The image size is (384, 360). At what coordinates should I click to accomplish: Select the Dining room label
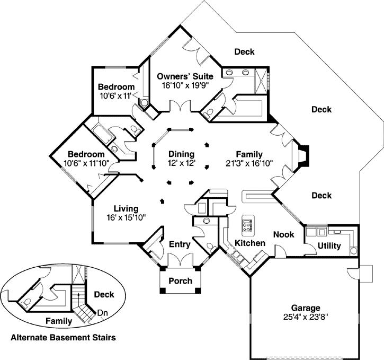[182, 154]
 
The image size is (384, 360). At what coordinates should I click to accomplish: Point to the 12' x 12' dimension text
[182, 163]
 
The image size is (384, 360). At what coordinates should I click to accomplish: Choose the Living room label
[126, 208]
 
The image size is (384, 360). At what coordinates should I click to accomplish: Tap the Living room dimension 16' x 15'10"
[126, 217]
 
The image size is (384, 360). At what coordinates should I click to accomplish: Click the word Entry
[179, 244]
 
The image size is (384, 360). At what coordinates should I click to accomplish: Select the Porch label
[180, 281]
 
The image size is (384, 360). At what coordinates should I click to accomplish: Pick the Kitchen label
[249, 243]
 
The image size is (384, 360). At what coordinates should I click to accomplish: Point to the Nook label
[283, 234]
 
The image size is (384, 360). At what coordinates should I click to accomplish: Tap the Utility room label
[329, 246]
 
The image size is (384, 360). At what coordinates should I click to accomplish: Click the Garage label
[306, 308]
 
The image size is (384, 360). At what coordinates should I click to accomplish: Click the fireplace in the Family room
[302, 157]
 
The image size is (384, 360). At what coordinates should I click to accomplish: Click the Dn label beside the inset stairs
[103, 312]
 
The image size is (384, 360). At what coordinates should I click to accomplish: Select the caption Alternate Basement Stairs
[63, 337]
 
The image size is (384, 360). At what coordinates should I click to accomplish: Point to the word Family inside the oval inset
[58, 321]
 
